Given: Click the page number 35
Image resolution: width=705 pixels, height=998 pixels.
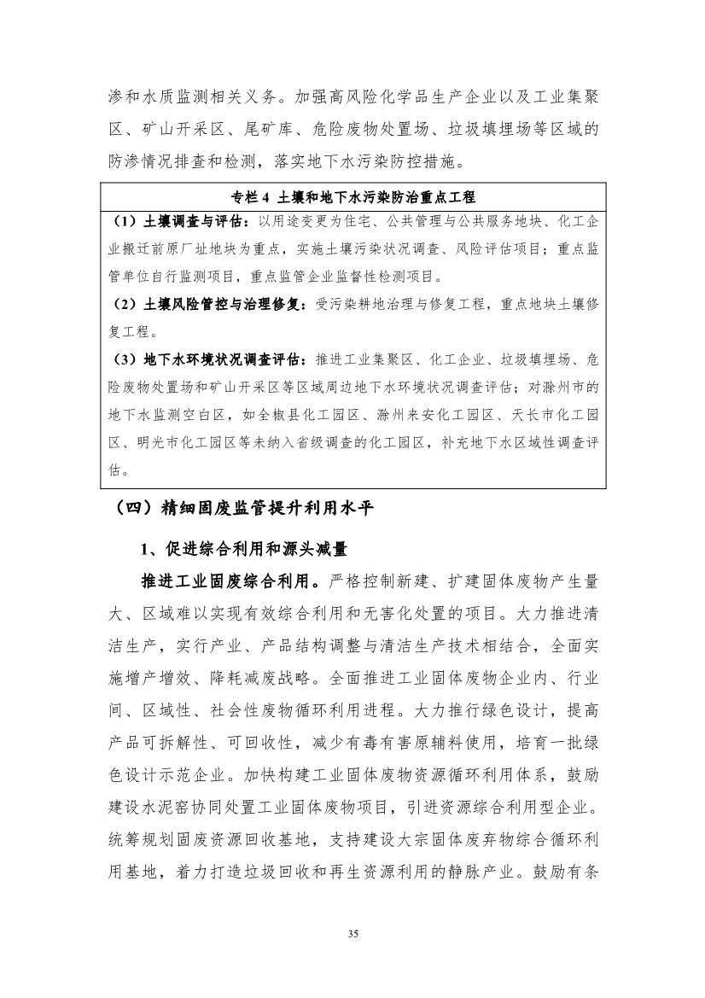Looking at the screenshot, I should pos(352,933).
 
